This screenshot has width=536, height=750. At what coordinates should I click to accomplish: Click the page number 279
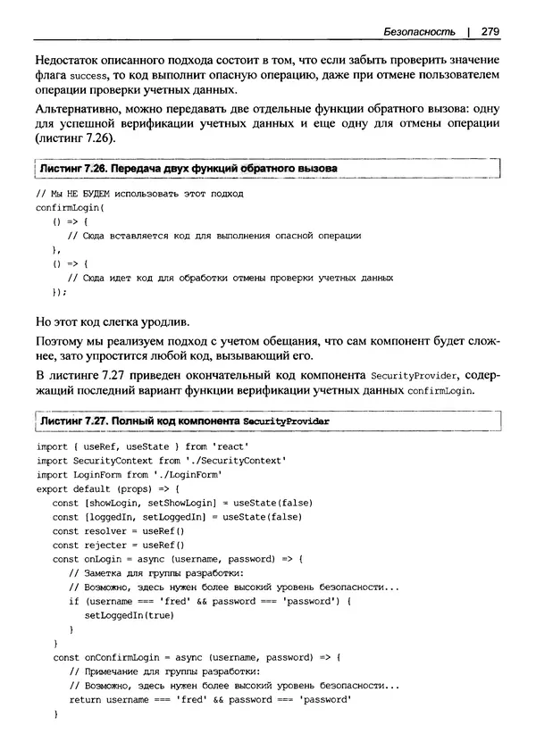(x=489, y=31)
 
